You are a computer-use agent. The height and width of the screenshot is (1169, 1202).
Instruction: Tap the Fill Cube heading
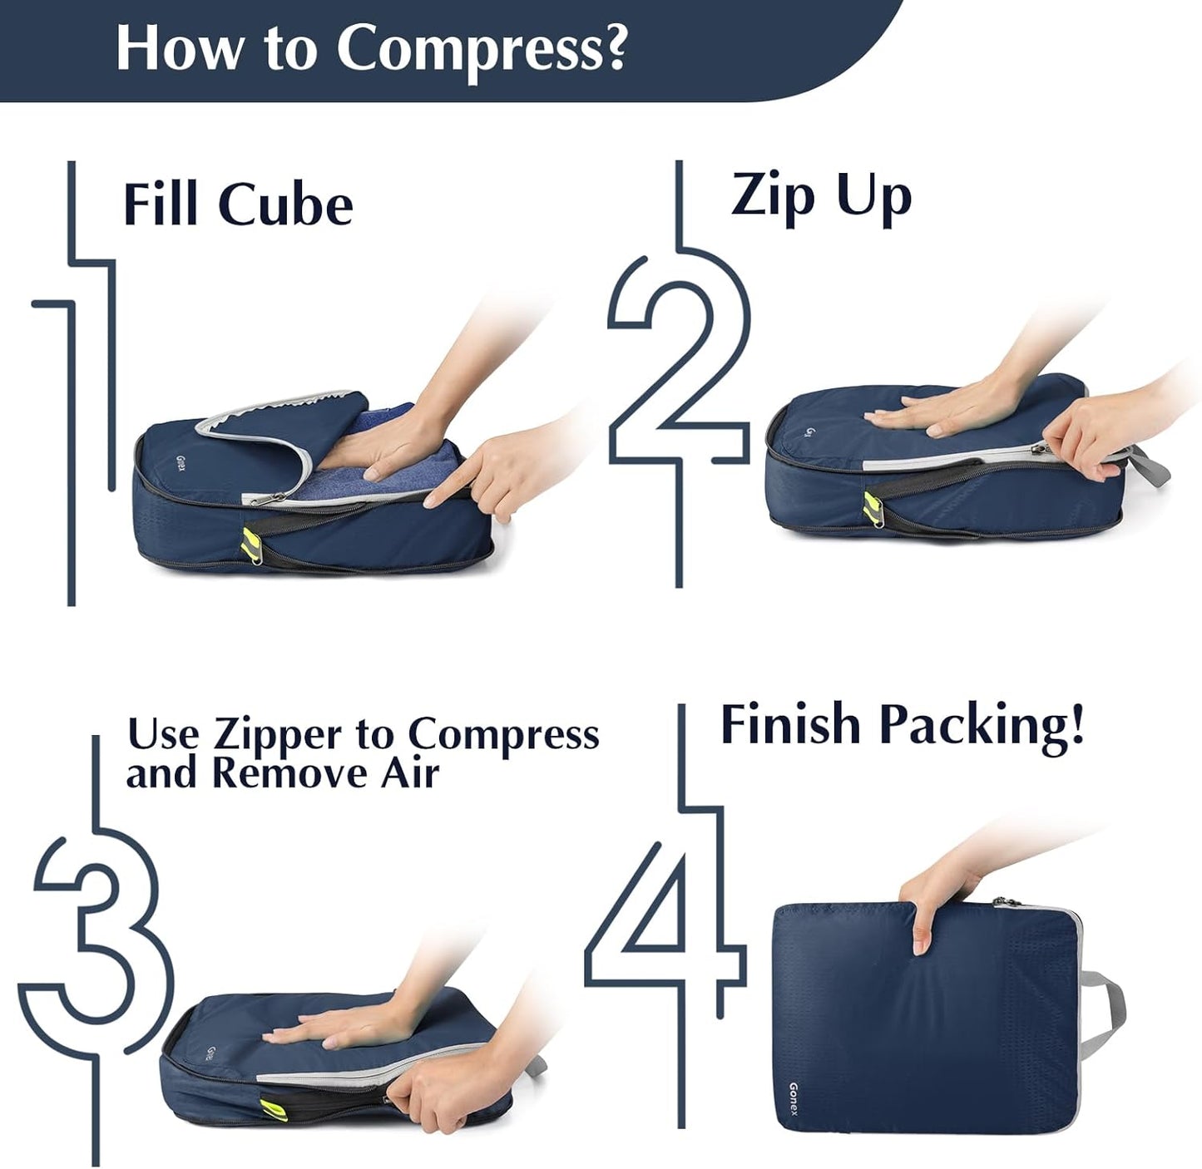click(x=238, y=205)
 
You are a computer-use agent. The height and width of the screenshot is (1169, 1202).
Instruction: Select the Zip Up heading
click(x=821, y=197)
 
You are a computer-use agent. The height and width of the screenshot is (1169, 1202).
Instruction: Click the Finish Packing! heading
click(x=902, y=725)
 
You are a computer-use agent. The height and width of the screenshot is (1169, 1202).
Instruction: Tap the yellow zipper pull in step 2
click(x=872, y=506)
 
